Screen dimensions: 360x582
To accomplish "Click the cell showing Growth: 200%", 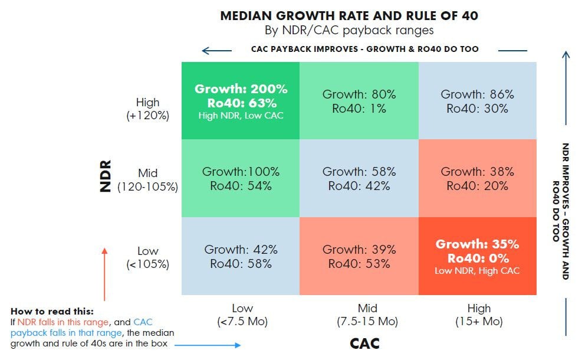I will [x=241, y=100].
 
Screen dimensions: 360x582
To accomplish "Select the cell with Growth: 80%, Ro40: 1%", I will [x=359, y=100].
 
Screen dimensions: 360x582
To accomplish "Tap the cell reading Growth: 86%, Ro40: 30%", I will [x=478, y=100].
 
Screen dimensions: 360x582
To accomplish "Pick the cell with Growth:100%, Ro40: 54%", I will [x=241, y=178].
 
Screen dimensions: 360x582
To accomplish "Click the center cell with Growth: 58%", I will [x=359, y=178].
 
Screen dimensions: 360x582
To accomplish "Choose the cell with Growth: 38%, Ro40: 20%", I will [x=478, y=178].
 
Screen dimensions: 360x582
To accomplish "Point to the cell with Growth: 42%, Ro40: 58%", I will [x=241, y=256].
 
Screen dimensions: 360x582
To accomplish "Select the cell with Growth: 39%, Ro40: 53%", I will [x=359, y=256].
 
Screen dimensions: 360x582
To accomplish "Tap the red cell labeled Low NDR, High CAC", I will [x=478, y=256].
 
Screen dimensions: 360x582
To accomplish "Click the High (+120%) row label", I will [x=148, y=109].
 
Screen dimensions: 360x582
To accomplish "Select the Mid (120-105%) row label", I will [x=148, y=180].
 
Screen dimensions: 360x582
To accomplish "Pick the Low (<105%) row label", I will [x=148, y=258].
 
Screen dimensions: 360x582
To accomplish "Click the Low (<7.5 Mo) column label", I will [x=242, y=315].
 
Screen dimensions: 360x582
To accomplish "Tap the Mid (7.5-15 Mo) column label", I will [x=367, y=315].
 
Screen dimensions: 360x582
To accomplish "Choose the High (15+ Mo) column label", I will [x=479, y=315].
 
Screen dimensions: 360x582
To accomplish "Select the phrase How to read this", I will [x=52, y=312].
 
